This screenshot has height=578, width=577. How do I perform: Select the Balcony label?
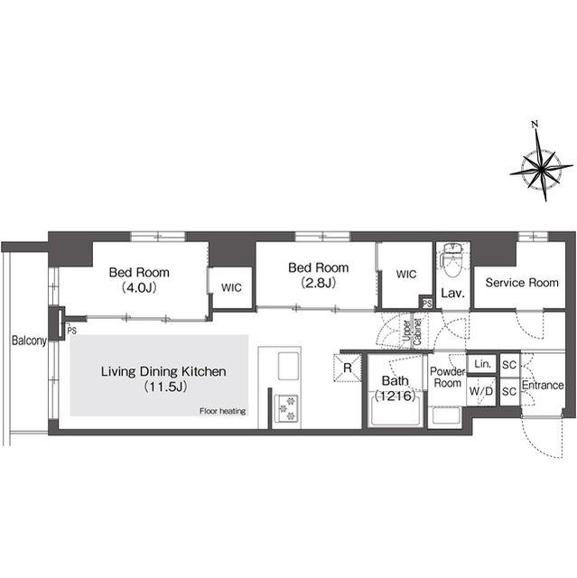(29, 340)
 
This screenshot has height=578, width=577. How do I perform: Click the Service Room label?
(522, 283)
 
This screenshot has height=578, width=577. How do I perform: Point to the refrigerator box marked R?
(347, 368)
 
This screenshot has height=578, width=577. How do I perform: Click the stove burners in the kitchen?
(288, 408)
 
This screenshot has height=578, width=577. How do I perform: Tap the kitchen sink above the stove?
(288, 366)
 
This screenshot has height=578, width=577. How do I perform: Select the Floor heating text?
(222, 411)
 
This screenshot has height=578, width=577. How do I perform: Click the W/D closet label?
(480, 391)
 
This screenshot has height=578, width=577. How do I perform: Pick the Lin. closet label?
(483, 364)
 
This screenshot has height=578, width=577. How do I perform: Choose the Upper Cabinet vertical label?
(412, 331)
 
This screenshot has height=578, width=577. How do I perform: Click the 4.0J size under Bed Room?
(139, 287)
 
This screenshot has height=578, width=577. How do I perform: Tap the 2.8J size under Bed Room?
(319, 283)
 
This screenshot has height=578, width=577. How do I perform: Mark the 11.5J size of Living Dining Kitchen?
(165, 387)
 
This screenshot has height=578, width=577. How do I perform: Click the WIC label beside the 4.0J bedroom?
(231, 287)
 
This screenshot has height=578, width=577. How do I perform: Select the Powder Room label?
(447, 378)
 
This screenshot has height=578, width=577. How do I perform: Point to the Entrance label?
(543, 386)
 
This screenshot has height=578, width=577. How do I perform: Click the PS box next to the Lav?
(427, 303)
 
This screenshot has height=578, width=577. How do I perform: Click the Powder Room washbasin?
(447, 416)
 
